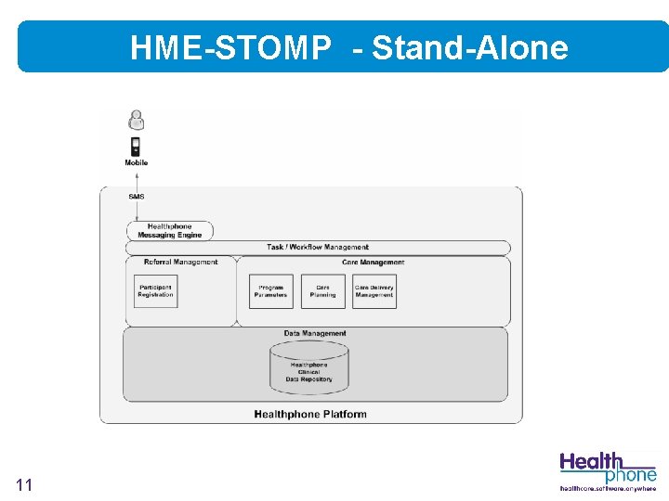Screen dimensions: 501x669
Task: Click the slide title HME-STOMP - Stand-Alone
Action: click(x=348, y=47)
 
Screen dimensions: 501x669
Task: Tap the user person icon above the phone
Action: click(x=137, y=119)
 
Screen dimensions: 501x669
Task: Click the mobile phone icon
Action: click(x=136, y=147)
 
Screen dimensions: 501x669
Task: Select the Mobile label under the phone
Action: click(x=137, y=163)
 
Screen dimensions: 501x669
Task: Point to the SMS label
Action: click(x=137, y=197)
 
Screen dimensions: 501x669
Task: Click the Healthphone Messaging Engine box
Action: click(x=170, y=231)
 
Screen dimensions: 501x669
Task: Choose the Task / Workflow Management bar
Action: click(x=318, y=248)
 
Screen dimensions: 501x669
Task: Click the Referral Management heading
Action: click(x=180, y=263)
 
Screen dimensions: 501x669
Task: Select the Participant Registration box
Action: click(x=156, y=291)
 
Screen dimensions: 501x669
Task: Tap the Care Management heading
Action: click(x=374, y=263)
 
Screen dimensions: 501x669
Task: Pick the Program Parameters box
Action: click(x=271, y=291)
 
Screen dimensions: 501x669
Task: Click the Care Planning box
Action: click(x=323, y=291)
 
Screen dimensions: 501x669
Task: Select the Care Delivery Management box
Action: click(x=374, y=291)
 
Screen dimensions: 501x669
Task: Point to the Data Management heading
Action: click(x=315, y=333)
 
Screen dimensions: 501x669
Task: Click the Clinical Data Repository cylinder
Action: click(x=308, y=367)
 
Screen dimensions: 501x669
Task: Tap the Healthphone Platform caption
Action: click(x=310, y=414)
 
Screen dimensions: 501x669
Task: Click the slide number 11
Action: click(x=24, y=484)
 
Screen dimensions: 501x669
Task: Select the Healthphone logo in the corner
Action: click(x=608, y=467)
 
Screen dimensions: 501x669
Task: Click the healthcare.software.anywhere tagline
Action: click(x=608, y=488)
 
